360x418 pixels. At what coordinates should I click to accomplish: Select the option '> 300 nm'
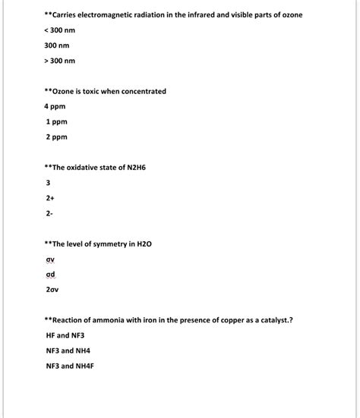60,61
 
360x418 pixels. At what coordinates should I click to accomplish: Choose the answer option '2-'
49,214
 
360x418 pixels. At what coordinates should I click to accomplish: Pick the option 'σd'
51,274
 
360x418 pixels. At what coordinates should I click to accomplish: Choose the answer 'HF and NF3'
66,335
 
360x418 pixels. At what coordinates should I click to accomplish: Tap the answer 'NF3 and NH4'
68,350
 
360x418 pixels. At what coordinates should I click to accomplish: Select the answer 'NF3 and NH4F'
70,366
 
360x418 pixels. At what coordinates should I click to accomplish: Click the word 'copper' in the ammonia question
229,320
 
